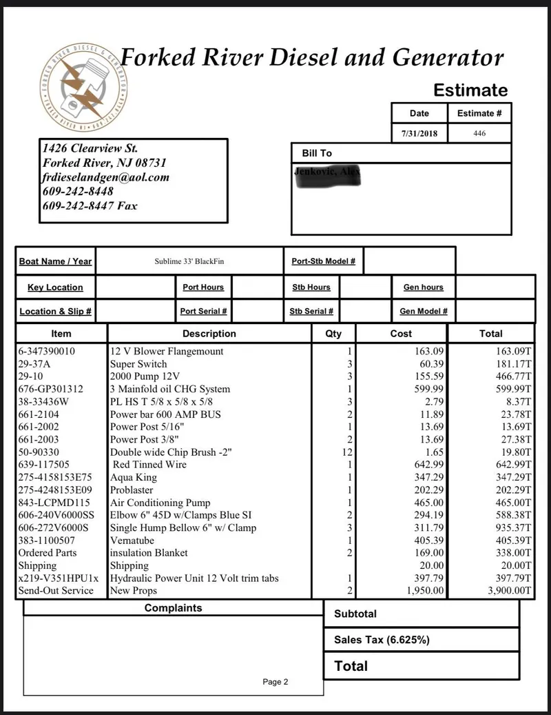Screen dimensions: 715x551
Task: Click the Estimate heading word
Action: [470, 90]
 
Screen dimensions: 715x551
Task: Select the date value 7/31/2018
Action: [419, 134]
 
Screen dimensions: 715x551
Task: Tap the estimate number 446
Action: [479, 134]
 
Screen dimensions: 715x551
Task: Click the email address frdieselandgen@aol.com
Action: [105, 177]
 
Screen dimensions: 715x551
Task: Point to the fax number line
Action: [90, 205]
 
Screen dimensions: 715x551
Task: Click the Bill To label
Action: [317, 153]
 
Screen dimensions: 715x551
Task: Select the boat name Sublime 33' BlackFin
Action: [189, 261]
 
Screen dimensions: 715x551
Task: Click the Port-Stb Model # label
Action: [323, 261]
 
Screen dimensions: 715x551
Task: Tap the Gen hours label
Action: [424, 288]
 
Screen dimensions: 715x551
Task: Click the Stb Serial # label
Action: [311, 312]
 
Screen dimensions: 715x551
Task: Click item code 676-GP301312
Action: [50, 390]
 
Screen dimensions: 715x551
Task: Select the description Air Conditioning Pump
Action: [160, 503]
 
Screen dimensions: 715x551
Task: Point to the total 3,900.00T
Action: [508, 591]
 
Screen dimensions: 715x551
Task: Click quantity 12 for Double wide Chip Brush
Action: [346, 452]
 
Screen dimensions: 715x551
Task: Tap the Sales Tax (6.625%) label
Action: [382, 640]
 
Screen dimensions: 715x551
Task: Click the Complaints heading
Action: [173, 608]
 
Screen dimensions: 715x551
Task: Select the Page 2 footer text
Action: [275, 682]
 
